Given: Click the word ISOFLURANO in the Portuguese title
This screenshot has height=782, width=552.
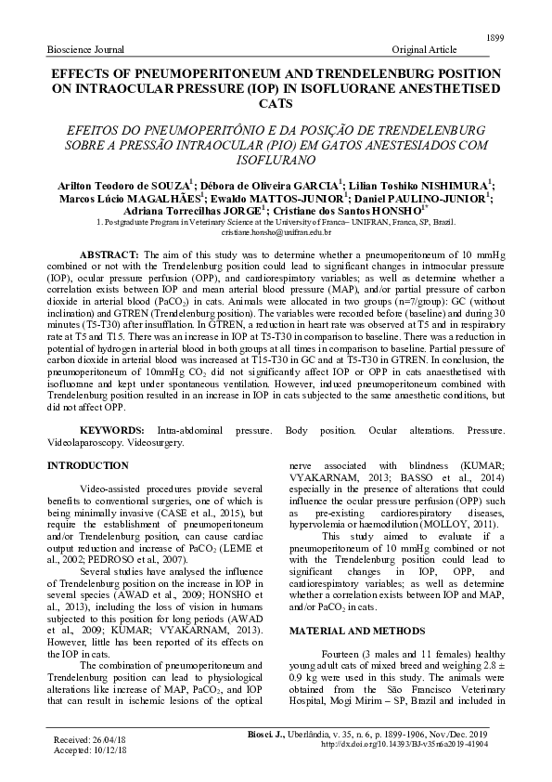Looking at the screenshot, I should pos(276,160).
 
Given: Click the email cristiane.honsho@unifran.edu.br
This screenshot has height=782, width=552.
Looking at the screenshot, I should pos(276,238).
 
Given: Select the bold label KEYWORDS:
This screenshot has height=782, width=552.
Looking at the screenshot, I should pos(111,431).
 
